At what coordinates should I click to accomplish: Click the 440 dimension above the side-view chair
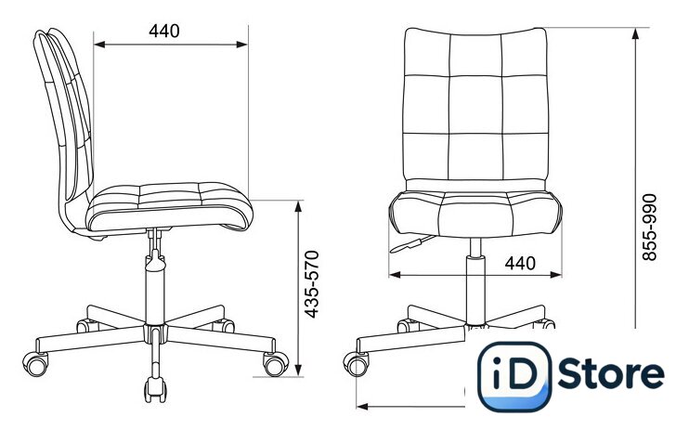(164, 31)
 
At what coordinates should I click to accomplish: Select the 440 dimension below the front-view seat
(520, 263)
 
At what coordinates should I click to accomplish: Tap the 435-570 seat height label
(312, 284)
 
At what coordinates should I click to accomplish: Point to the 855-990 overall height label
(649, 228)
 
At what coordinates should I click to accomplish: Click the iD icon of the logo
(514, 376)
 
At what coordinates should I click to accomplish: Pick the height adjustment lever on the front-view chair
(411, 244)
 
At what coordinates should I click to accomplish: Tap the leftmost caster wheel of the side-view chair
(36, 364)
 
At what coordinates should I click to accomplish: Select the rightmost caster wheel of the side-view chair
(276, 364)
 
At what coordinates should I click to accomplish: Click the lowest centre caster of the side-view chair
(156, 389)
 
